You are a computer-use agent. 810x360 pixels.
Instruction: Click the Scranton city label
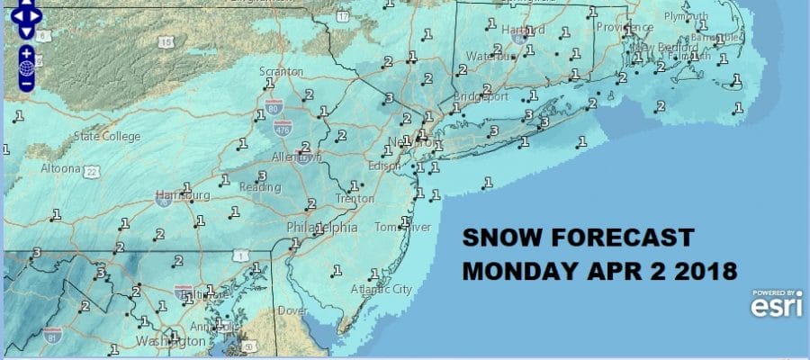(279, 72)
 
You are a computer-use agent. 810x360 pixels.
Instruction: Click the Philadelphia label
(321, 228)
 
